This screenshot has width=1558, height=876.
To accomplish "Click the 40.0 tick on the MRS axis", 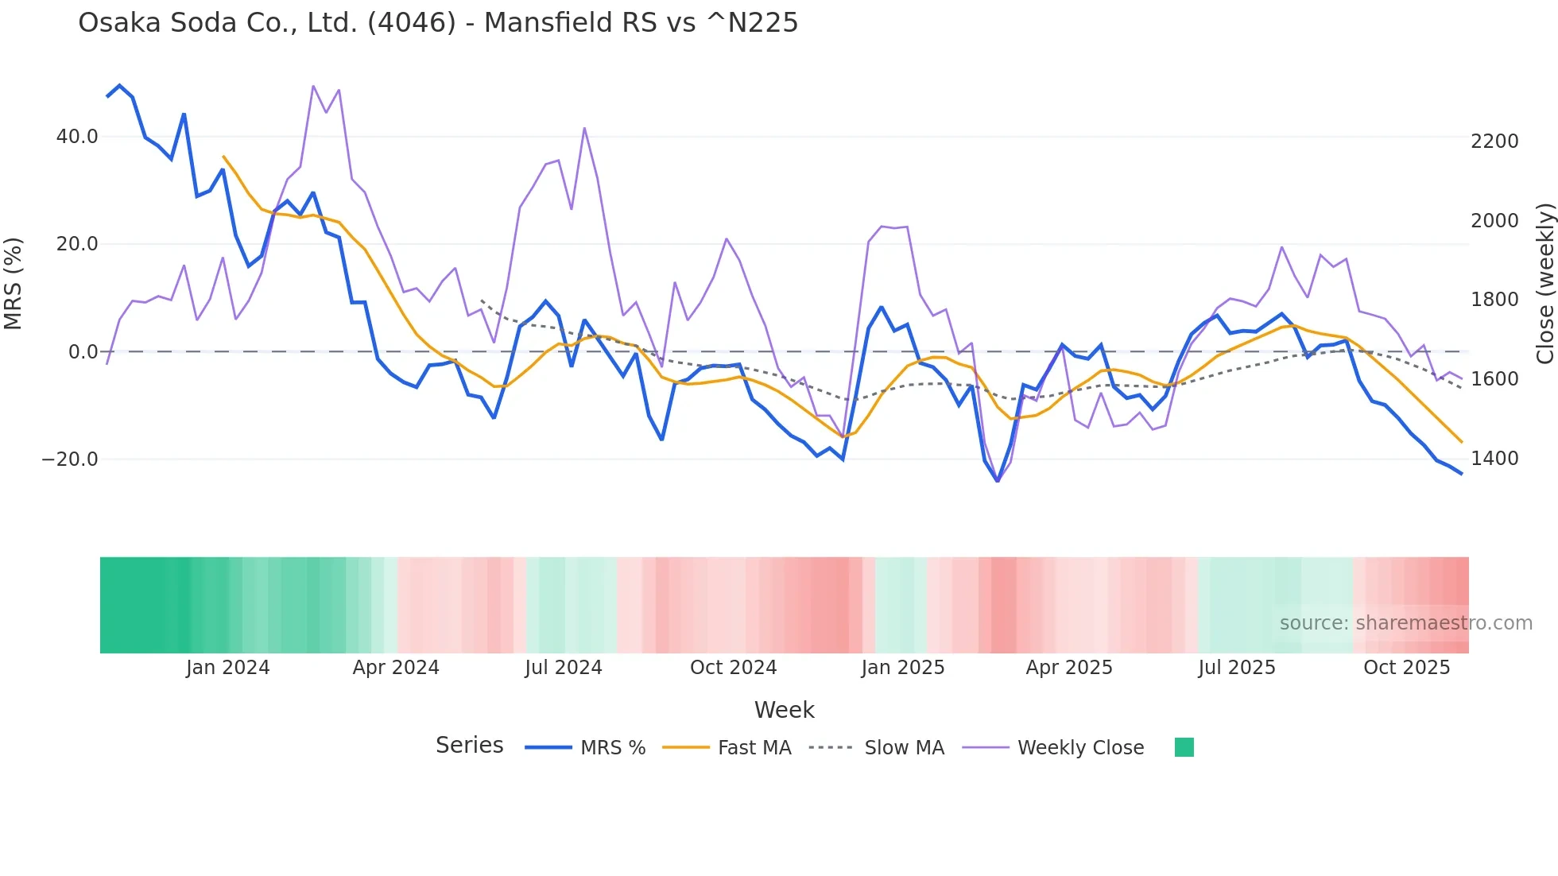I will tap(76, 137).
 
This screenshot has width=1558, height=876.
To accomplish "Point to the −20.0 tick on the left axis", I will tap(70, 459).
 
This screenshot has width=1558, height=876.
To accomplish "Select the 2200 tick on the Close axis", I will tap(1494, 141).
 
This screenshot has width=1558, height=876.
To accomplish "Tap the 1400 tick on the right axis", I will tap(1494, 459).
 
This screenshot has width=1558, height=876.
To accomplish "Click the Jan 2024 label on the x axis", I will tap(227, 668).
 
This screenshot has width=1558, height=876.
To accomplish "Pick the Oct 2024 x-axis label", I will tap(733, 668).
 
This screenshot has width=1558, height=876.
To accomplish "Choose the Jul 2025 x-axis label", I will tap(1236, 668).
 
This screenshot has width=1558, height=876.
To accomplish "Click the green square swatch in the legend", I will tap(1184, 747).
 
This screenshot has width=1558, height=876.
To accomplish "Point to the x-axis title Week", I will tap(784, 710).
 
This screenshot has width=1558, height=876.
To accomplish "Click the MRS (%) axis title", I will tap(14, 284).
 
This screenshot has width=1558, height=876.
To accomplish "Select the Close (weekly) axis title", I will tap(1544, 284).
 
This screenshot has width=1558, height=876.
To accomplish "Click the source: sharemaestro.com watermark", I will tap(1405, 623).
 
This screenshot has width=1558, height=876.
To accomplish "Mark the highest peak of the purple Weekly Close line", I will tap(313, 86).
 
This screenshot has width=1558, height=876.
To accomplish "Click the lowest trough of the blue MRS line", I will tap(998, 481).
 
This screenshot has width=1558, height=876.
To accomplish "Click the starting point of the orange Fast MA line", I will tap(223, 157).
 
